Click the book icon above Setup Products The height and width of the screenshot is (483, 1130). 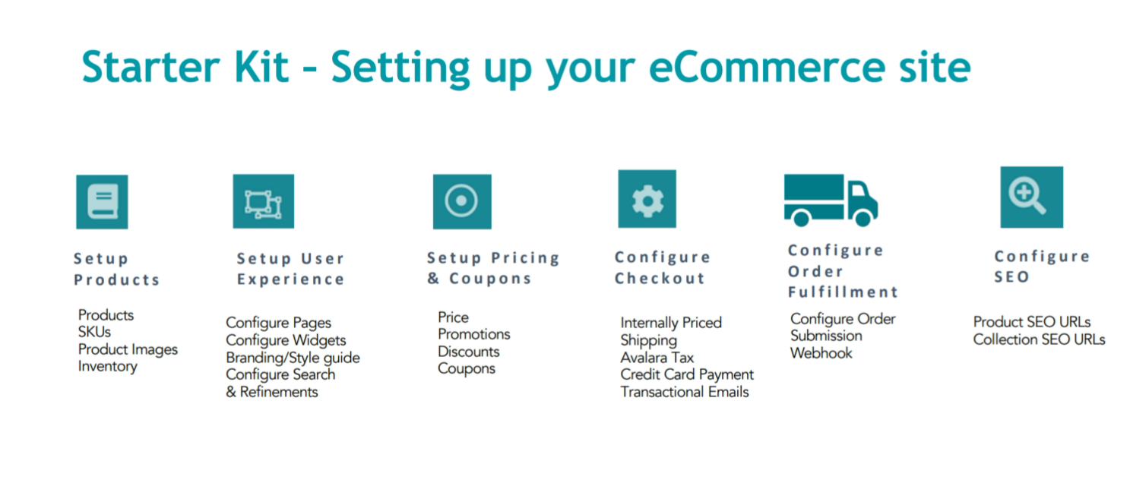[102, 202]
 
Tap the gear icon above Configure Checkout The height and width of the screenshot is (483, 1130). [647, 199]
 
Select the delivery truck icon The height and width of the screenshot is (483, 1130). [831, 200]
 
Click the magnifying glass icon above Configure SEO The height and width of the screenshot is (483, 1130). [1032, 197]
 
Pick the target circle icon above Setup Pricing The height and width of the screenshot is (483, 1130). [462, 202]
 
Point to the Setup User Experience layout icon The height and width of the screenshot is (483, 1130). [264, 201]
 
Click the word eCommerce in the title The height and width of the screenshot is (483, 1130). [767, 68]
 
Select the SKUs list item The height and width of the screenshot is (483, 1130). [94, 332]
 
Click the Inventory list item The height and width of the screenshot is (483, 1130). [107, 367]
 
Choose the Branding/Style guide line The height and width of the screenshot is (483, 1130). [293, 358]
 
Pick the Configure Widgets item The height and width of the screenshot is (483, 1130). [286, 341]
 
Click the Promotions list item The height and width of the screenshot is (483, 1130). [473, 334]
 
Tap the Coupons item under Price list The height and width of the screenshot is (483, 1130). [467, 369]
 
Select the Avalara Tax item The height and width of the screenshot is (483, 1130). [657, 358]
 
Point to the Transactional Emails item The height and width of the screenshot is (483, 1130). [685, 392]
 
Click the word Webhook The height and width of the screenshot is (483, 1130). [821, 353]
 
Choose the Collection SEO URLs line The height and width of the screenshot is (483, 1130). [1040, 339]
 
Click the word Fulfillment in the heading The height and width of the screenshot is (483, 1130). [844, 292]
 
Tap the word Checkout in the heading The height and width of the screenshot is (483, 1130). [660, 278]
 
